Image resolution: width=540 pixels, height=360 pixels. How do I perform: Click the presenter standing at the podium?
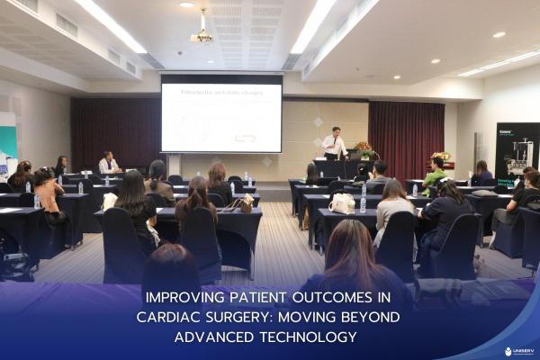(x=335, y=144)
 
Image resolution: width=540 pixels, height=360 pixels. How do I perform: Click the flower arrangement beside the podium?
(x=364, y=148)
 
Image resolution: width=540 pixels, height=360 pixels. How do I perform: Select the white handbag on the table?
(x=341, y=203)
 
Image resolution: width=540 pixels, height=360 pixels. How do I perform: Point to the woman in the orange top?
(x=47, y=191)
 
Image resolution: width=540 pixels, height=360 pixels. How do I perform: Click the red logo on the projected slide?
(x=245, y=138)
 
